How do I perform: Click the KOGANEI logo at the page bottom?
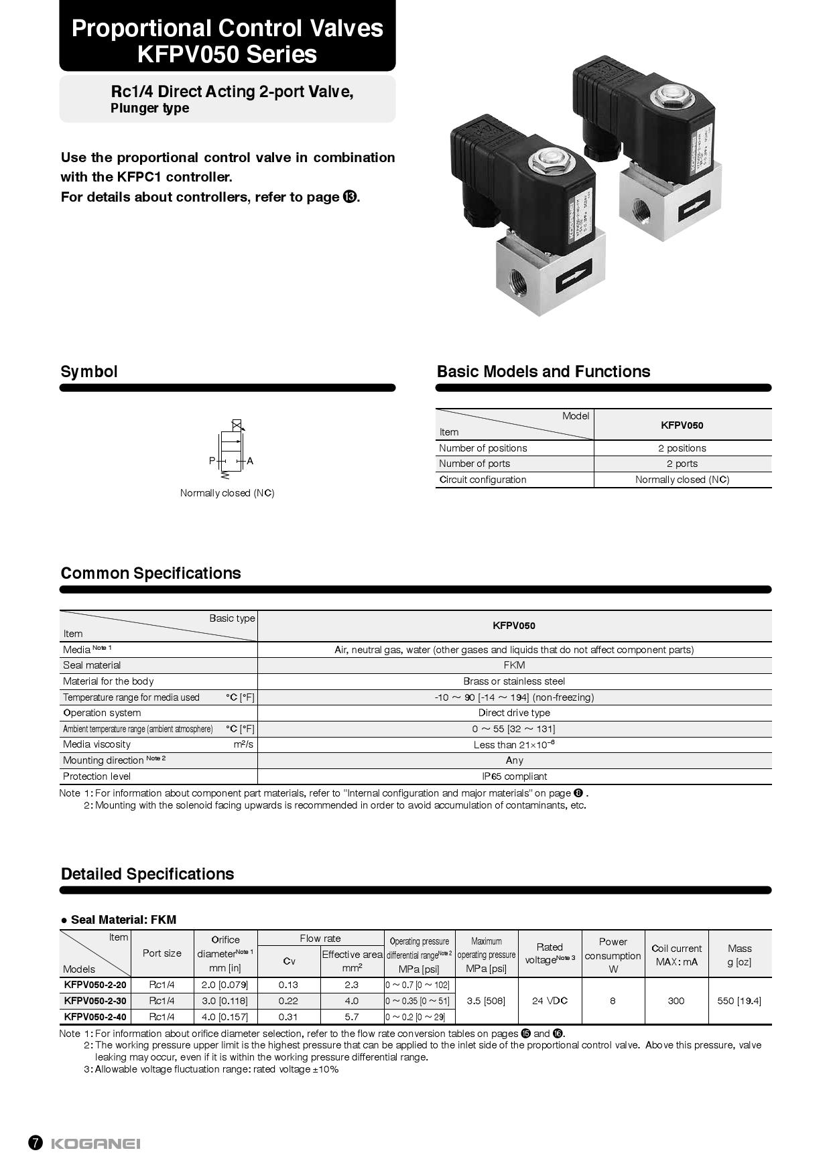click(x=95, y=1144)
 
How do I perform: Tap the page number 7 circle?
click(x=36, y=1143)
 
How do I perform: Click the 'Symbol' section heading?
click(x=89, y=372)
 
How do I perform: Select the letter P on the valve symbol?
click(x=212, y=461)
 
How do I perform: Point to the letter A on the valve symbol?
click(x=250, y=461)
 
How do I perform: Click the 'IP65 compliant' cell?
click(x=514, y=776)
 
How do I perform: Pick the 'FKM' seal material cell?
click(x=514, y=665)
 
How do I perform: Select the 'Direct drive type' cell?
click(x=514, y=713)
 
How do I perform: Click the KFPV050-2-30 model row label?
click(x=95, y=1001)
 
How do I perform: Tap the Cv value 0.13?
click(x=289, y=985)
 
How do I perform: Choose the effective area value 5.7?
click(x=352, y=1017)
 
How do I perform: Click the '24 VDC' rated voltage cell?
click(x=550, y=1001)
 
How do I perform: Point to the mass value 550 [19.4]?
click(x=739, y=1001)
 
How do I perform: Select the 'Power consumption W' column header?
click(x=613, y=955)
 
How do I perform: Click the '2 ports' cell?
click(x=682, y=464)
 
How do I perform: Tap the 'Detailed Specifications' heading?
click(x=147, y=874)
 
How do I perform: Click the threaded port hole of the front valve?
click(x=517, y=281)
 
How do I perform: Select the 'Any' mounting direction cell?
click(x=514, y=760)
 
